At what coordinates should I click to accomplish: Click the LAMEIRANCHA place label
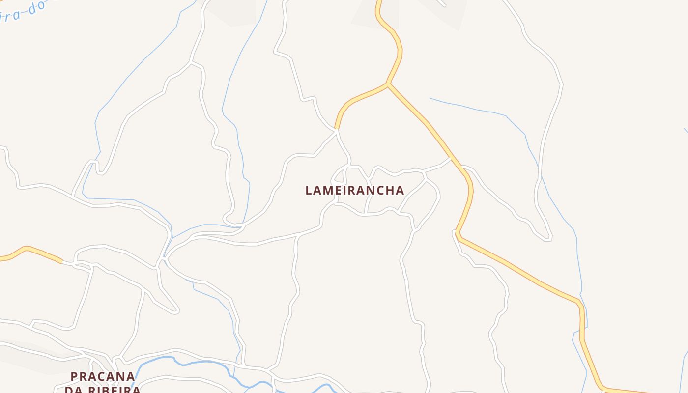point(355,190)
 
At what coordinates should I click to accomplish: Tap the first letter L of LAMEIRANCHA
point(309,190)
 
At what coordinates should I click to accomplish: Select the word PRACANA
point(103,376)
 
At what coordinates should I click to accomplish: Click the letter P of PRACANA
point(74,376)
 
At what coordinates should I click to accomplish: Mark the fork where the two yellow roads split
point(388,84)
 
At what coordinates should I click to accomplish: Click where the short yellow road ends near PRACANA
point(61,262)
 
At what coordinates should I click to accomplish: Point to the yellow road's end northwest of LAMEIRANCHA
point(337,129)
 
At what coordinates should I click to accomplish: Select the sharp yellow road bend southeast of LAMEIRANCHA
point(457,233)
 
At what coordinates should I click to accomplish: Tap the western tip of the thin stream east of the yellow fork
point(430,98)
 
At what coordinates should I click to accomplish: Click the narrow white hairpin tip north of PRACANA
point(176,310)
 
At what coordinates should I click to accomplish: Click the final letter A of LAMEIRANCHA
point(400,190)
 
